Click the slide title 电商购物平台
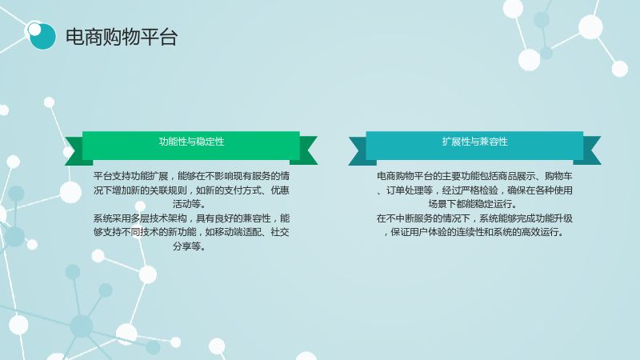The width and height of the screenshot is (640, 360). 122,37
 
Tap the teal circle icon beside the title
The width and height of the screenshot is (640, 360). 42,36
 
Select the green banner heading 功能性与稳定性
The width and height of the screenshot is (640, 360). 191,142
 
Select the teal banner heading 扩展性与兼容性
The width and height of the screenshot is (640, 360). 474,142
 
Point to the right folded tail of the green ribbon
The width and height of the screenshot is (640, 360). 308,150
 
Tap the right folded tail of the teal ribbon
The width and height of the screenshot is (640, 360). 592,150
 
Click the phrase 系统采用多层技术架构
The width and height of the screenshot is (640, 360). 140,218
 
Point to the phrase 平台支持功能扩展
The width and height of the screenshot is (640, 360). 130,176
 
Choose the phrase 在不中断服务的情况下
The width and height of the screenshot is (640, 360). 423,218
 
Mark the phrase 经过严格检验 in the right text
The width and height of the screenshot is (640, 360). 470,190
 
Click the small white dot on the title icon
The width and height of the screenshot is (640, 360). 34,30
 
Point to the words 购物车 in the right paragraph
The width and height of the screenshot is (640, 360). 558,176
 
